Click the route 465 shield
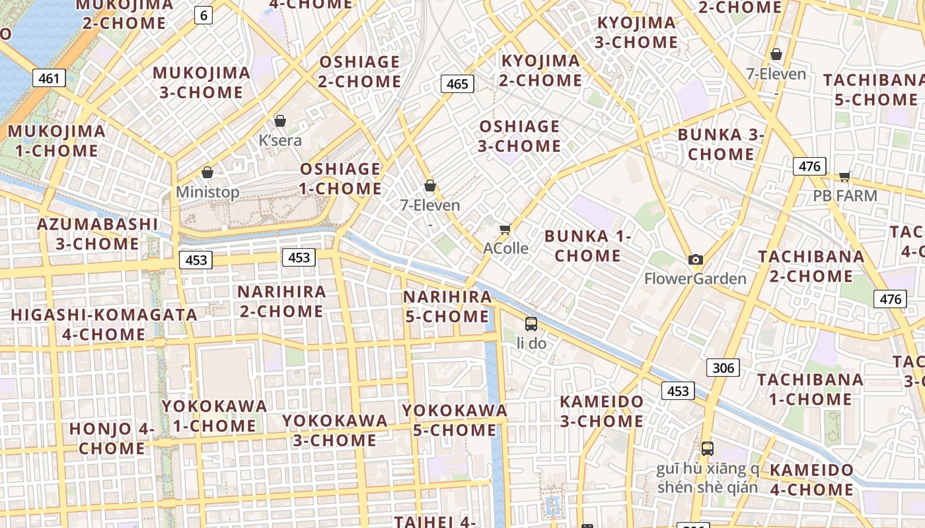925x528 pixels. (457, 84)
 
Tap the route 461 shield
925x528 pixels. (49, 79)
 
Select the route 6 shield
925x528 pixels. (203, 15)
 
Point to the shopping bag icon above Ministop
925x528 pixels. (207, 172)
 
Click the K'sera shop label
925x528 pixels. (280, 141)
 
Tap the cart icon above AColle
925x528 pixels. (505, 229)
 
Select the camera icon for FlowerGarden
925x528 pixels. (695, 259)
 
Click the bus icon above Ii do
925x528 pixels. (531, 323)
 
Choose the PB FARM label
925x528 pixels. (845, 196)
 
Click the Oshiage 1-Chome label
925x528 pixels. (341, 179)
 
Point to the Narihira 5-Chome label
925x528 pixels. (447, 307)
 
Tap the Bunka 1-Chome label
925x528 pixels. (588, 246)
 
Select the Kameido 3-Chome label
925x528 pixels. (601, 411)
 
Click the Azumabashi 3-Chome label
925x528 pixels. (97, 234)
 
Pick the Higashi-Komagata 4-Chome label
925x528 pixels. (104, 325)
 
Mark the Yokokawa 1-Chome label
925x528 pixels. (215, 416)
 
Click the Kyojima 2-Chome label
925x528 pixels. (540, 71)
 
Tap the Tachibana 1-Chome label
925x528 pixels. (810, 389)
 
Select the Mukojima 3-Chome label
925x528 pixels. (202, 82)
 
